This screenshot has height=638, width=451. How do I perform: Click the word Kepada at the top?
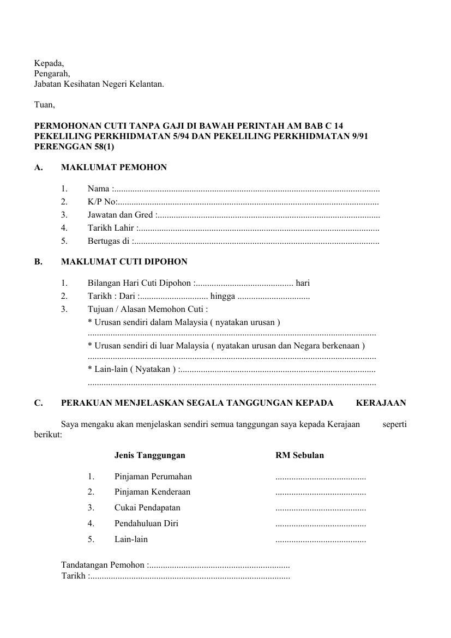coord(49,63)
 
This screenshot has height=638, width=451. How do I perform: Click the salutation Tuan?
coord(44,104)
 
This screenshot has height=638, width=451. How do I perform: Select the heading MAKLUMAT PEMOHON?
coord(114,167)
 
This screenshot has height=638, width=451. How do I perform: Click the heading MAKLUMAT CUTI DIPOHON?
coord(124,262)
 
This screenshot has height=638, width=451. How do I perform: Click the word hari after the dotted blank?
coord(303,283)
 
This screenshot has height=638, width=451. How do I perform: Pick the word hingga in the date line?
coord(223,296)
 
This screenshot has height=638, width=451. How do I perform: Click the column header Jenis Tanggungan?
coord(149,455)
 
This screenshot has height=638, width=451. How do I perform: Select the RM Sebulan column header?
coord(299,455)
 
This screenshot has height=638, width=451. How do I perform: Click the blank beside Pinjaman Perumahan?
coord(321,477)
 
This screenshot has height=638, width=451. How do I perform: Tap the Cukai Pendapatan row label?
coord(147,508)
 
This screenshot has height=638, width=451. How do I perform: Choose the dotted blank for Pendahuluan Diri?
coord(321,524)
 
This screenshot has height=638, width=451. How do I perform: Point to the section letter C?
coord(38,403)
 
